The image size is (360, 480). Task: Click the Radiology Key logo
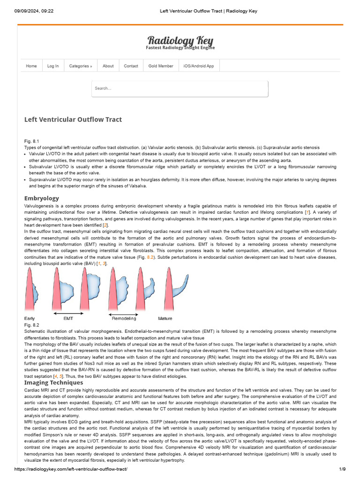point(180,41)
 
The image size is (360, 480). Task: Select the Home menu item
point(31,66)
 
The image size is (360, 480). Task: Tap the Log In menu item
point(53,66)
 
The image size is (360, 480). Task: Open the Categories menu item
point(80,66)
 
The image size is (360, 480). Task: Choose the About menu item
point(108,66)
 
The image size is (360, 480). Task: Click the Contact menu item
point(131,66)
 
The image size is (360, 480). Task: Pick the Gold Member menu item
point(161,66)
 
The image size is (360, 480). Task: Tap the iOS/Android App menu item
point(199,66)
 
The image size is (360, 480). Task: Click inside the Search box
point(180,89)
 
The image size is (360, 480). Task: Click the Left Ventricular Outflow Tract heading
point(73,120)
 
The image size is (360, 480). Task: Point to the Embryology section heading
point(42,198)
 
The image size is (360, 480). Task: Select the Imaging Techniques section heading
point(53,382)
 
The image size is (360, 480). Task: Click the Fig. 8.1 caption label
point(31,141)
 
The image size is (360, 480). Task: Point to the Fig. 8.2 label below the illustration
point(31,325)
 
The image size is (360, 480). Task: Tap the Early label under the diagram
point(30,319)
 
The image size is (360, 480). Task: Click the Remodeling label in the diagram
point(124,319)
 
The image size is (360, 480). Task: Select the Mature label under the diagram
point(165,319)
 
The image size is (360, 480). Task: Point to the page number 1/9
point(342,469)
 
